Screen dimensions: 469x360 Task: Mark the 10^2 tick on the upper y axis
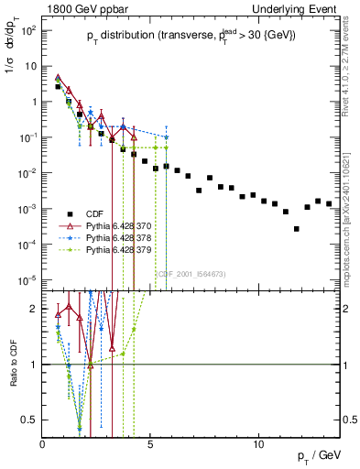[27, 30]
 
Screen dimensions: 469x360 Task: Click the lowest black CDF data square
[297, 229]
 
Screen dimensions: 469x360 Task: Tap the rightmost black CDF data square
[329, 203]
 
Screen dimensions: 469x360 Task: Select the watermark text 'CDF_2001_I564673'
[191, 274]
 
